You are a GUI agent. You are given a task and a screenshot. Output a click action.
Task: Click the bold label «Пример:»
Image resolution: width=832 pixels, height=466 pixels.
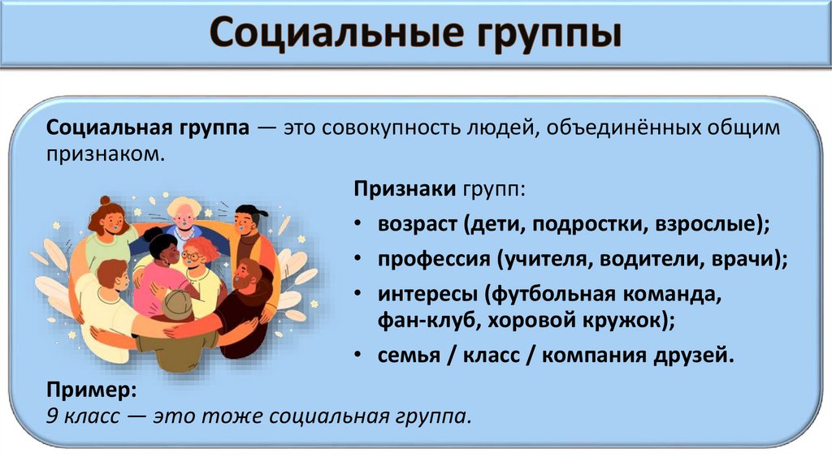point(91,390)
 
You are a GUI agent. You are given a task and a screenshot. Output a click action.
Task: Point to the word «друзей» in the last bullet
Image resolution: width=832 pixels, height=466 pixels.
point(695,356)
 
